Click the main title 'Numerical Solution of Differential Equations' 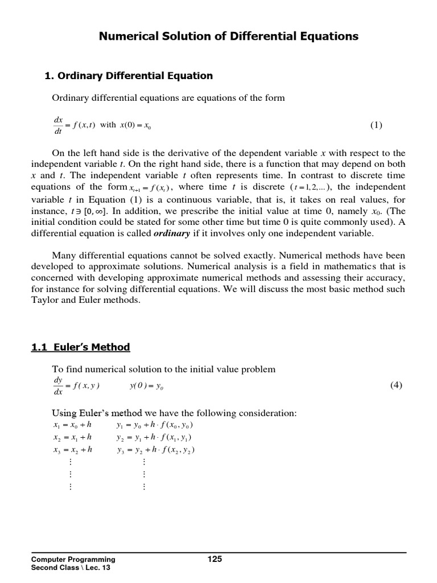click(x=229, y=36)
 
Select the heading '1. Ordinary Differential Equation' click(x=129, y=76)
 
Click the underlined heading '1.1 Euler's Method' click(x=80, y=347)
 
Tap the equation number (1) click(x=377, y=125)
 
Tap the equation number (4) click(x=396, y=385)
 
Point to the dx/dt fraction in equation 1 click(x=58, y=126)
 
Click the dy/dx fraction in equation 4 click(x=58, y=386)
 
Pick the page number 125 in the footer click(x=215, y=559)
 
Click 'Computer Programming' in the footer click(x=73, y=560)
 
